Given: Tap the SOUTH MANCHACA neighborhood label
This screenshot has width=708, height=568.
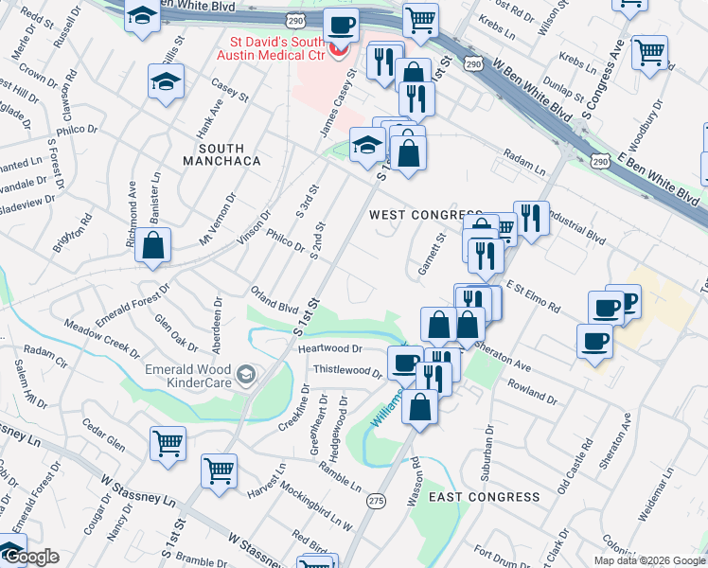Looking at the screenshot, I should (x=221, y=155).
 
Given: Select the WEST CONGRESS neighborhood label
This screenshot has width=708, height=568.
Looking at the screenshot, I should (x=412, y=215).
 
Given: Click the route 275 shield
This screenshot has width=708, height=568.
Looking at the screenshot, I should (x=377, y=500).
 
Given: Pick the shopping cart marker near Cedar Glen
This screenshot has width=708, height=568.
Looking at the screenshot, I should (x=168, y=441).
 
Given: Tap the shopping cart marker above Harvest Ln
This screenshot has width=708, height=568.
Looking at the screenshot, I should (x=220, y=470).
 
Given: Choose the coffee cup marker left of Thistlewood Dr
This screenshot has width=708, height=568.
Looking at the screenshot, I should (x=405, y=363).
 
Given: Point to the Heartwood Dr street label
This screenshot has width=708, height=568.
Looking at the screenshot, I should (x=330, y=348).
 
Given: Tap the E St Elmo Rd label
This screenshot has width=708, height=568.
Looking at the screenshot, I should (x=533, y=294).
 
